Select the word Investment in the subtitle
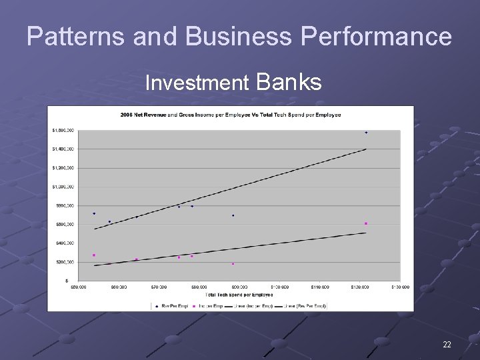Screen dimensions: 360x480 click(197, 83)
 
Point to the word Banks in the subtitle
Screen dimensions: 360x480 click(288, 82)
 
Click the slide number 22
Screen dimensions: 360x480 click(447, 345)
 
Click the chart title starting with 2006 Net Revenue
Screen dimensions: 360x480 click(230, 115)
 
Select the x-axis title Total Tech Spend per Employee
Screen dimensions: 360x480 click(239, 294)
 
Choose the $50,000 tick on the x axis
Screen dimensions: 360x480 click(78, 287)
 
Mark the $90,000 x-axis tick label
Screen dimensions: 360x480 click(239, 287)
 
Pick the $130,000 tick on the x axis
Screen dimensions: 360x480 click(399, 287)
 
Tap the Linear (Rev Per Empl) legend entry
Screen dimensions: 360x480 click(303, 306)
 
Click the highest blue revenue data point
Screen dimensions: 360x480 click(366, 133)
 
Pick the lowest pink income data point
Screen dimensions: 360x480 click(233, 264)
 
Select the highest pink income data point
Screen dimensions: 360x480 click(366, 223)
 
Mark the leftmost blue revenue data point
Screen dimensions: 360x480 click(94, 213)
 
